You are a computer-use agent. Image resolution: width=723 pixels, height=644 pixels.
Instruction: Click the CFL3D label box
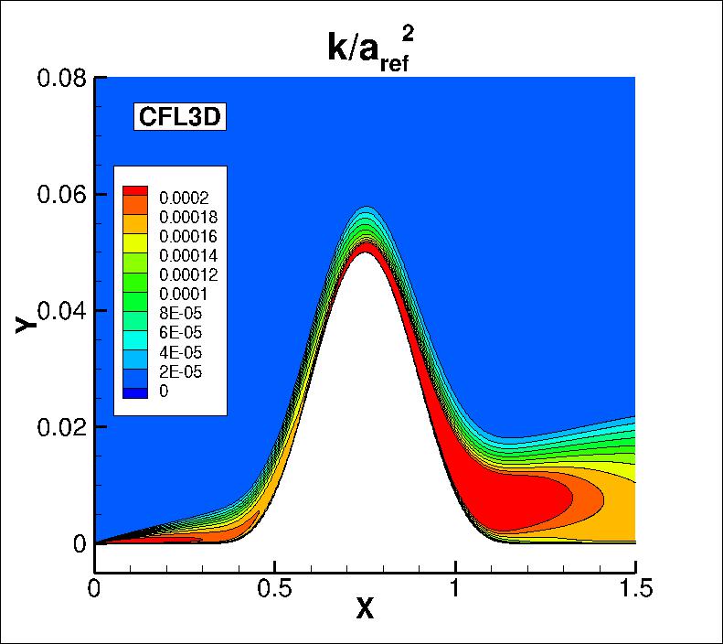pos(180,117)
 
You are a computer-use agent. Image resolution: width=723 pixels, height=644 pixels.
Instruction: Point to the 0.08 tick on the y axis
pos(62,78)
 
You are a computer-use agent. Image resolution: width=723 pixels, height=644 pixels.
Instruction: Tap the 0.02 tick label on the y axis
pos(62,427)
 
